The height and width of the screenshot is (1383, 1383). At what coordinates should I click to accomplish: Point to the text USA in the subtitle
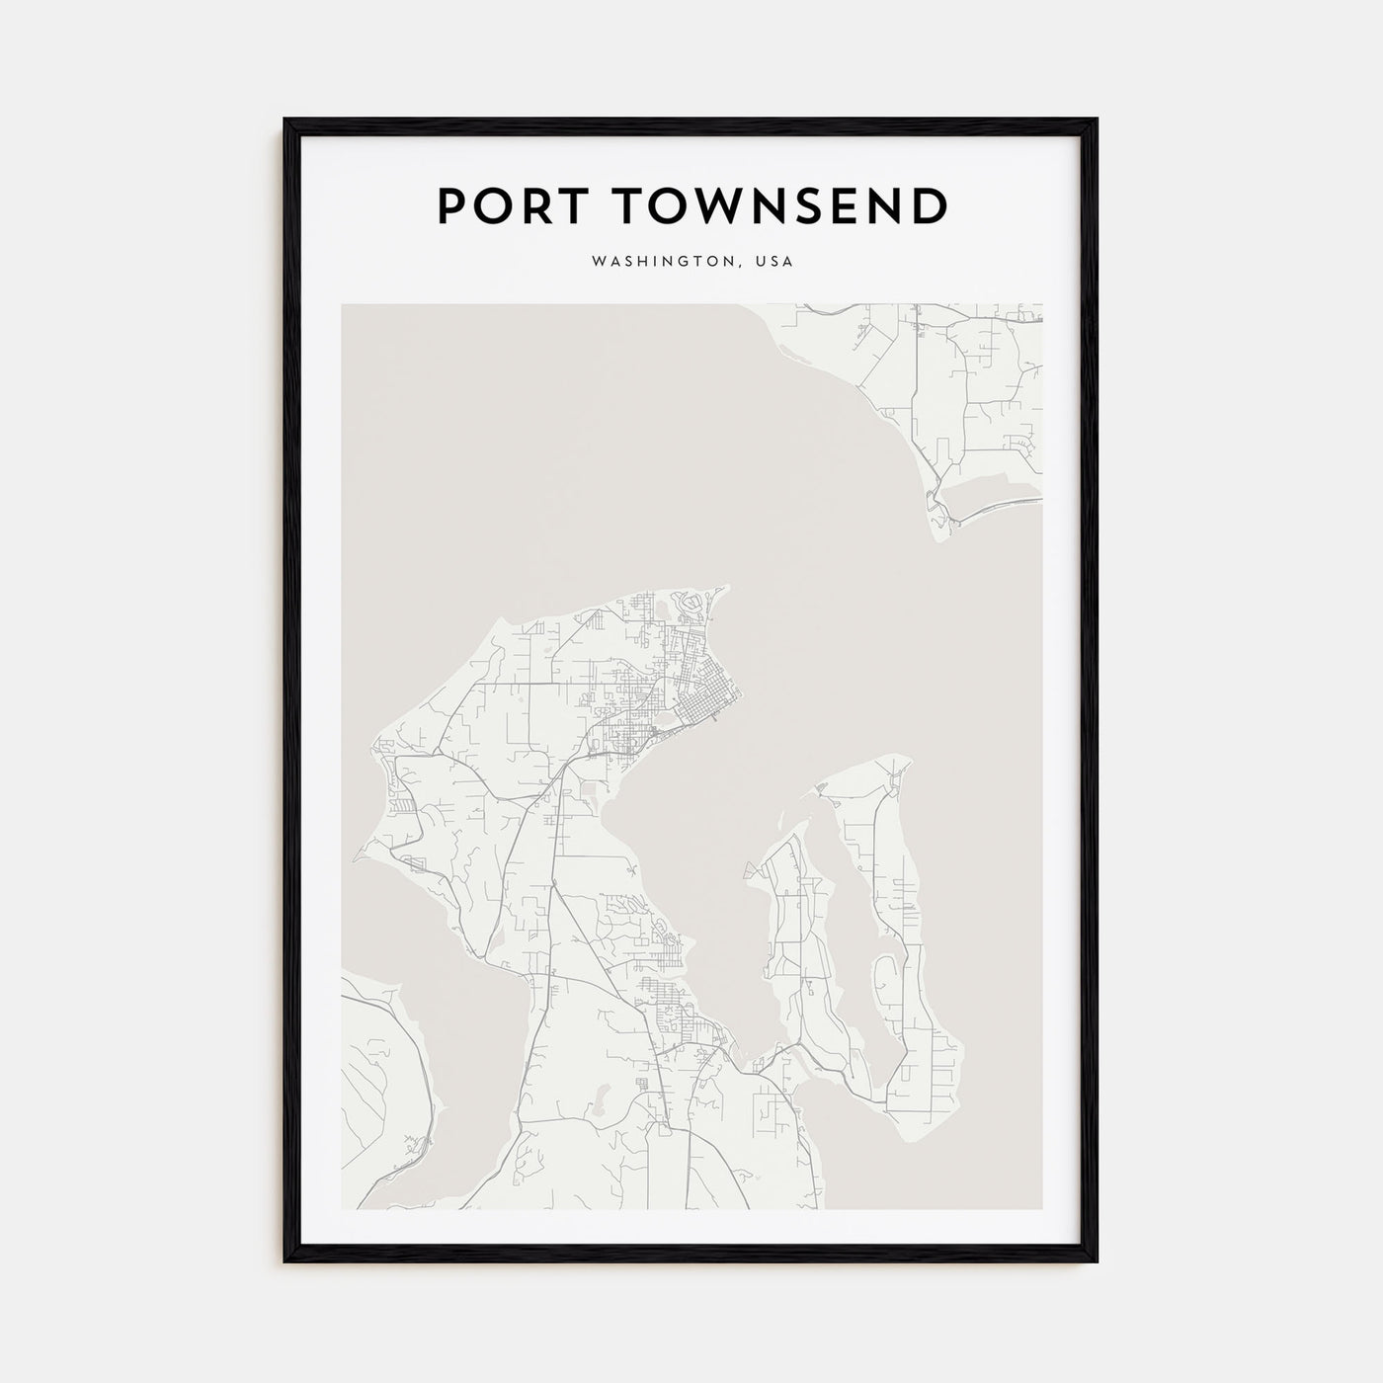click(773, 263)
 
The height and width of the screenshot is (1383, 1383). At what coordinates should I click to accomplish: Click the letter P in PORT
click(449, 205)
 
